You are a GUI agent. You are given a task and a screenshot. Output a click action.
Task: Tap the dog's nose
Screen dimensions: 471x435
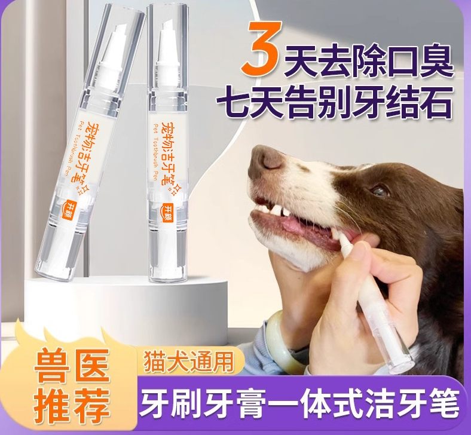pos(266,158)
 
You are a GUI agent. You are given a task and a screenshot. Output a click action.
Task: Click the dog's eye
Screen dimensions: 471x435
pos(380,190)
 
